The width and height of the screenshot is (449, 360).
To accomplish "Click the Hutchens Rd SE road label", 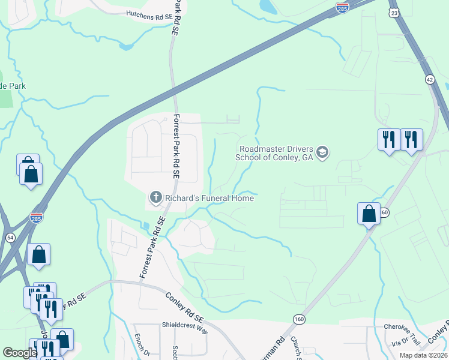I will [x=149, y=13].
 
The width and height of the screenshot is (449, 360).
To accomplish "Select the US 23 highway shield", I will [x=394, y=12].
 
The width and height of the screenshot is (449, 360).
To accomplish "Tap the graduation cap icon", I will [x=322, y=152].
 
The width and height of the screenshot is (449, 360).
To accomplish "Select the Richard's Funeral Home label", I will [x=209, y=198].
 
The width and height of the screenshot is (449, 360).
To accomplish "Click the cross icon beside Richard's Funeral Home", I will [x=155, y=197].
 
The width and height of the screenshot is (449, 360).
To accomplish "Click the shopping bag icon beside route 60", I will [x=369, y=214].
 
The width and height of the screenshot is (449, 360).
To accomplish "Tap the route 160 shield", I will [x=300, y=320].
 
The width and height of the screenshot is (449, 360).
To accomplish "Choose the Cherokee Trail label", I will [x=405, y=327].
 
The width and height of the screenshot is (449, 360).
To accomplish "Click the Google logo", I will [x=20, y=353].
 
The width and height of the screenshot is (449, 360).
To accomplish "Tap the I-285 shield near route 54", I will [x=36, y=217].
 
